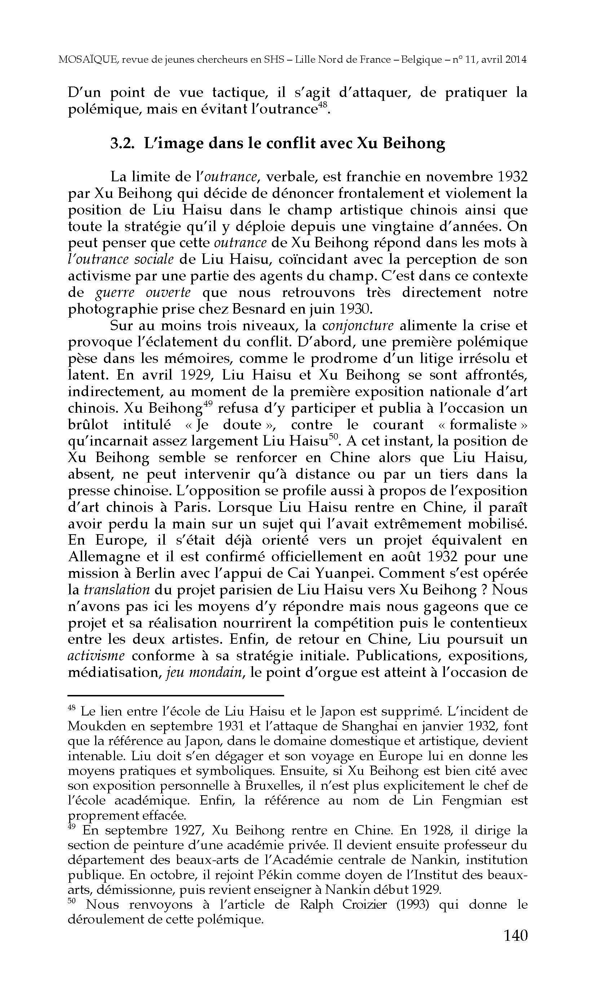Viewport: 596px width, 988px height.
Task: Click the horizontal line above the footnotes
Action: (x=176, y=695)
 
